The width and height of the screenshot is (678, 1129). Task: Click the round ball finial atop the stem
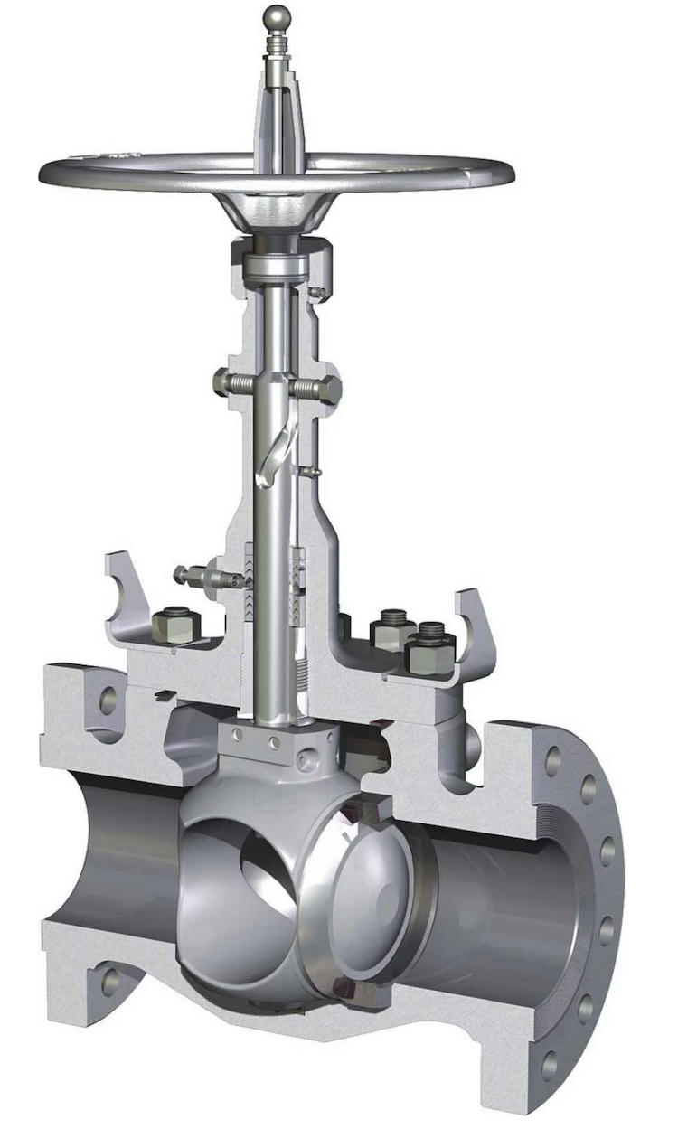(277, 17)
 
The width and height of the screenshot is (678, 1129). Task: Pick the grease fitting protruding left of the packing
(185, 573)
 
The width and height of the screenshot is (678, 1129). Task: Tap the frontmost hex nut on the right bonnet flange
(430, 653)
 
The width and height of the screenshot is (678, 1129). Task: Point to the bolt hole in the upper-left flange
(108, 701)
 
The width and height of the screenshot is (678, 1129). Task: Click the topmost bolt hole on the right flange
(554, 762)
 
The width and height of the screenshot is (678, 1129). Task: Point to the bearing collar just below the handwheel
(275, 268)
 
